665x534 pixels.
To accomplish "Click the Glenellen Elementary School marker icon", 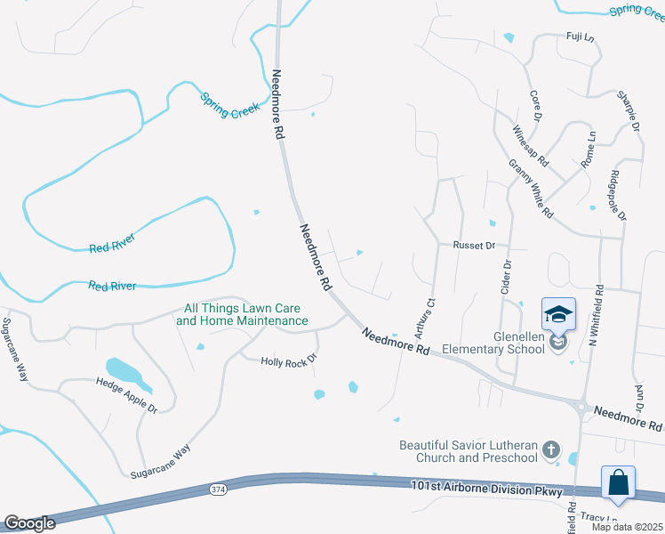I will click(x=558, y=315).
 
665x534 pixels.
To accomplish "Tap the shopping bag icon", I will click(x=618, y=484).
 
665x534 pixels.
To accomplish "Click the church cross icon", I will click(x=551, y=449).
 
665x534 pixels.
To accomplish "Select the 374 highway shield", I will click(x=219, y=489).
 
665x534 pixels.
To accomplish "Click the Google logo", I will click(x=29, y=523).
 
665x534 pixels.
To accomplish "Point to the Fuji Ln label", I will click(x=580, y=36).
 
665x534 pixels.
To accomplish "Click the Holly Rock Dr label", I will click(x=288, y=361).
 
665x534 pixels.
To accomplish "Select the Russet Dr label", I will click(x=473, y=244).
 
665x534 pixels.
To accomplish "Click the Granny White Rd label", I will click(x=531, y=190).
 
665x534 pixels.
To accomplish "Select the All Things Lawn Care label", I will click(x=242, y=314).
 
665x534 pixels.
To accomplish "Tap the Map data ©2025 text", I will click(x=627, y=527).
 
